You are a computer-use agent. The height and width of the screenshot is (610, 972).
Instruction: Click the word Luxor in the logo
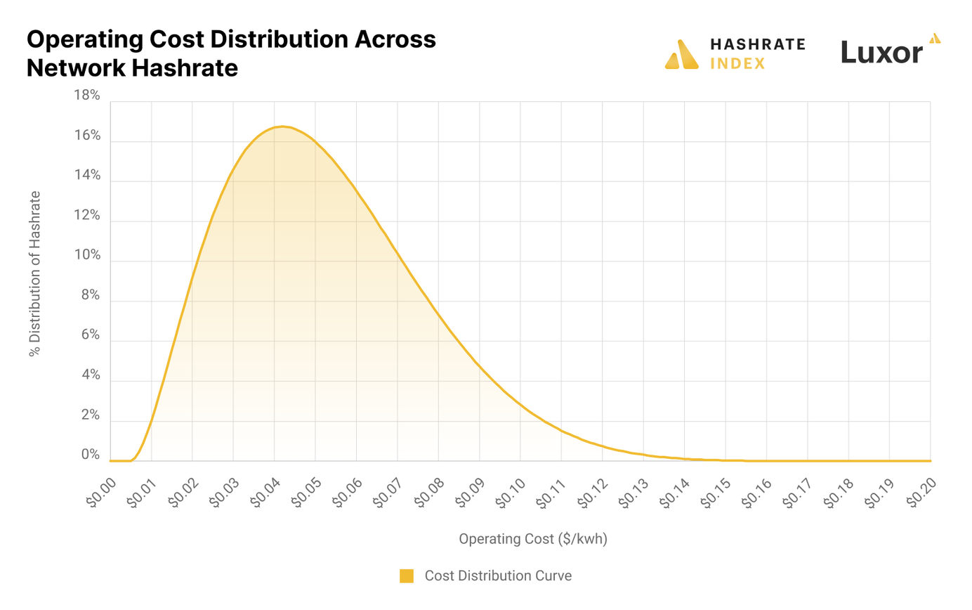(x=881, y=52)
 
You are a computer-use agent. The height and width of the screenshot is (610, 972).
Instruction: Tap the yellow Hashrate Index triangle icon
(x=681, y=55)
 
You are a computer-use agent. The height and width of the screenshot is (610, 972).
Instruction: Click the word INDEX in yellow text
(x=738, y=64)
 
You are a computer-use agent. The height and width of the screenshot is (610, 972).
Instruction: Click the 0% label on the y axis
(x=91, y=455)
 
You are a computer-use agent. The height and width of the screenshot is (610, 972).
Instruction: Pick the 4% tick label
(x=91, y=375)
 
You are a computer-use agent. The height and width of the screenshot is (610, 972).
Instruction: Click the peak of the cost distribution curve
(x=282, y=126)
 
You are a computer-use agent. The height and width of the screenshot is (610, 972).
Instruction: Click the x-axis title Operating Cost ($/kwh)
(x=532, y=539)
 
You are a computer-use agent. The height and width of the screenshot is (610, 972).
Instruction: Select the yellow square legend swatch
(x=406, y=576)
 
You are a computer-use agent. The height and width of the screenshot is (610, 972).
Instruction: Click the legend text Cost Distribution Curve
(x=498, y=576)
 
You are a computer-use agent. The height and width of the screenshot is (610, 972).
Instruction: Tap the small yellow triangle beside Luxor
(x=934, y=38)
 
